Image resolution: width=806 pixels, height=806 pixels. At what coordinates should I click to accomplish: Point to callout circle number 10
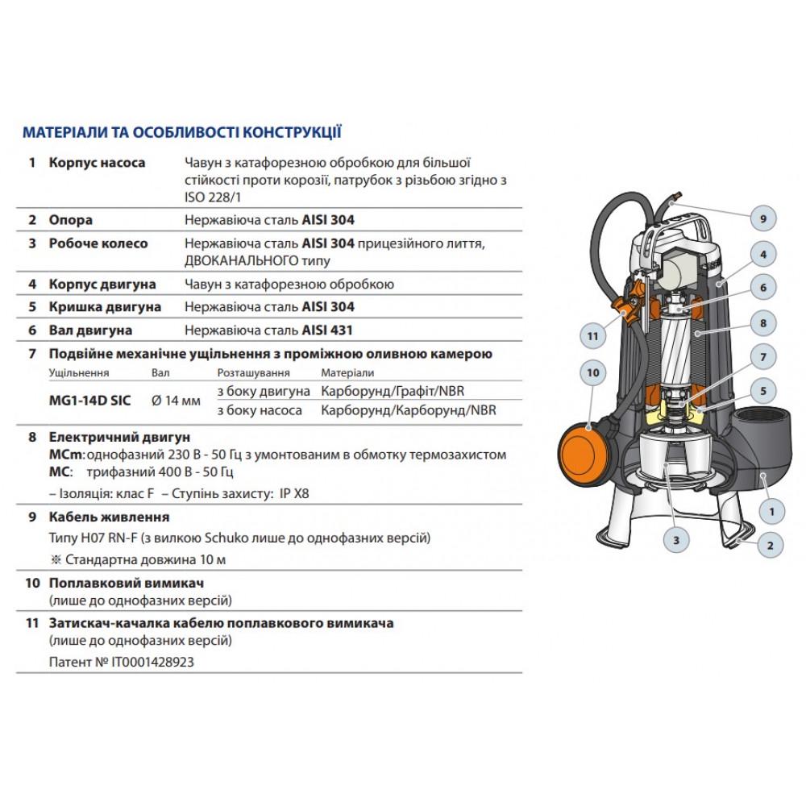click(593, 373)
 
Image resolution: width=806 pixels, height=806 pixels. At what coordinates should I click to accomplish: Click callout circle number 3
click(676, 540)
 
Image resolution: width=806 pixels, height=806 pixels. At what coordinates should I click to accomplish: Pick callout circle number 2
click(770, 546)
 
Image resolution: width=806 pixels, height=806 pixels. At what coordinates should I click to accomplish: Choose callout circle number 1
click(771, 511)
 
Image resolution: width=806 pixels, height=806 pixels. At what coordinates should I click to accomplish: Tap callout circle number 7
click(762, 355)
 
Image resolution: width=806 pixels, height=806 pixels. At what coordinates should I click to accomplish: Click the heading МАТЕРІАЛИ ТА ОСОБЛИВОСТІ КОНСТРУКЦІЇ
click(181, 132)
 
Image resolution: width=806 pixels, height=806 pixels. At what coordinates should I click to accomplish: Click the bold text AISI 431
click(329, 330)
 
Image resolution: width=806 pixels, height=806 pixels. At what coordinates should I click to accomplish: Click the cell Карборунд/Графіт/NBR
click(393, 391)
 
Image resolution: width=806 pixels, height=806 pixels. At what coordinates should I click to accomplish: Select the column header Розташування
click(253, 372)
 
